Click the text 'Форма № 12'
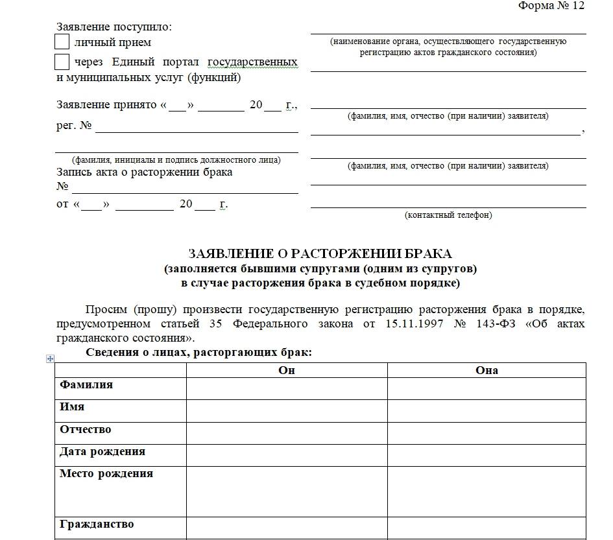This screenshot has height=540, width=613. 551,6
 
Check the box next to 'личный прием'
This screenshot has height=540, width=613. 62,42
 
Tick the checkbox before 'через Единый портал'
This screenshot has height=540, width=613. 62,62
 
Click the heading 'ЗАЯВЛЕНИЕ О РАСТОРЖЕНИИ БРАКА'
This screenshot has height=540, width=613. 320,253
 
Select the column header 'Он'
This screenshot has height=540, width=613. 287,370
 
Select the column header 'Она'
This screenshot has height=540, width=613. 487,370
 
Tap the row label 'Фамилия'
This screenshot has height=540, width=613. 86,385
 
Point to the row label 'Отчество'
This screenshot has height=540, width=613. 86,430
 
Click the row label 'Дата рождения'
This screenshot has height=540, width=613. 102,452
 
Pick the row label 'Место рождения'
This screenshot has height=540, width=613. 106,474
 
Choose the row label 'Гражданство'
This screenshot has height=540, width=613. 97,524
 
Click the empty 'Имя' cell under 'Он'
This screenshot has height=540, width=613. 287,411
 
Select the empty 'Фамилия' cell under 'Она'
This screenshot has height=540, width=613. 487,389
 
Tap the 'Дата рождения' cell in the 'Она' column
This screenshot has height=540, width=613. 487,455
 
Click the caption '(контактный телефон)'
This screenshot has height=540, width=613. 448,215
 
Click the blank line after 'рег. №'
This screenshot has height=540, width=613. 197,127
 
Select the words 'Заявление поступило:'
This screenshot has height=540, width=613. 114,27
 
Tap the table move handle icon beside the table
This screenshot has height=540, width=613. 51,358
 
